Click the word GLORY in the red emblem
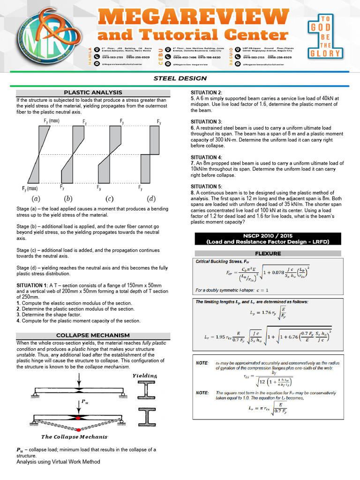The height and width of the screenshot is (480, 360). pyautogui.click(x=328, y=53)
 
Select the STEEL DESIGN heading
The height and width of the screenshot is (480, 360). pyautogui.click(x=180, y=78)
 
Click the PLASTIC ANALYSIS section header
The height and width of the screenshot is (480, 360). pyautogui.click(x=93, y=93)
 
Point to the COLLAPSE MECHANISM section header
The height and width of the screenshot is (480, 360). pyautogui.click(x=93, y=335)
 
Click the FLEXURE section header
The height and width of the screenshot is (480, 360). pyautogui.click(x=268, y=253)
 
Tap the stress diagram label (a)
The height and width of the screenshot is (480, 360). pyautogui.click(x=36, y=198)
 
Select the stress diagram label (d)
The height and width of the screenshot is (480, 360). pyautogui.click(x=151, y=198)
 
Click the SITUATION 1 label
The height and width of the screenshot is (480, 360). pyautogui.click(x=32, y=285)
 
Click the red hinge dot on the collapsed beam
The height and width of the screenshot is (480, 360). pyautogui.click(x=79, y=429)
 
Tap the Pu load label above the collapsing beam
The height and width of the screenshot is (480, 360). pyautogui.click(x=84, y=402)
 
